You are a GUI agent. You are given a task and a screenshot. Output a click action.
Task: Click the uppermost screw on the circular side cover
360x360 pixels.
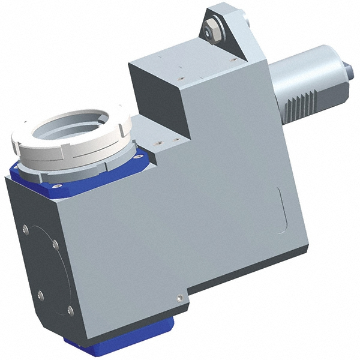pos(25,229)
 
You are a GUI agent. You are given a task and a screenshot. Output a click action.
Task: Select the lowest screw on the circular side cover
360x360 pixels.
pos(70,310)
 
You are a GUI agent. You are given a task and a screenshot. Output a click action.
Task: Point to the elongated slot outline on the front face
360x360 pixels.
pos(281,210)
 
